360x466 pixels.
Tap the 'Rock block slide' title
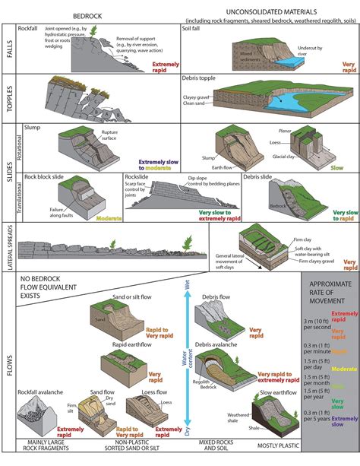click(48, 177)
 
